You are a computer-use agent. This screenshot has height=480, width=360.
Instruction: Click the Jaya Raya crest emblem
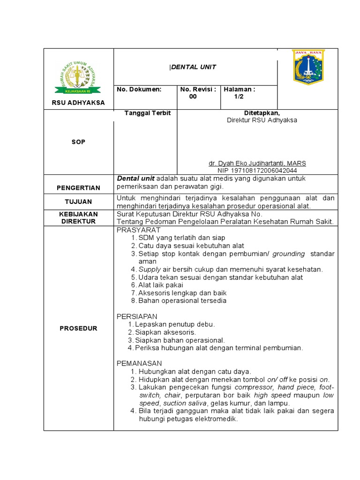click(308, 67)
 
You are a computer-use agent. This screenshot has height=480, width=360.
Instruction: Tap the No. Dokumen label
click(139, 89)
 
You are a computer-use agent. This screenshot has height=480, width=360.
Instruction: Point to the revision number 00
click(193, 97)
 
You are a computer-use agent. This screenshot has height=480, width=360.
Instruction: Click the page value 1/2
click(239, 97)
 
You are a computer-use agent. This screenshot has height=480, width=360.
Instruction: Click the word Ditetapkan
click(262, 113)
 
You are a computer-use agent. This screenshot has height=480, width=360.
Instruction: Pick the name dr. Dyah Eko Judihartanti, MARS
click(257, 163)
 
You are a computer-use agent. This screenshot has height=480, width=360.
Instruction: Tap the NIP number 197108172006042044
click(257, 171)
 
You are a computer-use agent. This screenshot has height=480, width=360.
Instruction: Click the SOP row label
click(78, 142)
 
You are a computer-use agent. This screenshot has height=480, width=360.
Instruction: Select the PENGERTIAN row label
click(78, 188)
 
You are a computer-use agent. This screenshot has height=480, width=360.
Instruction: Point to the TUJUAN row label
click(78, 202)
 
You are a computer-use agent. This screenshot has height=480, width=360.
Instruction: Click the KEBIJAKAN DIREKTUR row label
click(78, 217)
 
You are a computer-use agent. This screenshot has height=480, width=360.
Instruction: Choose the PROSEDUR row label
click(78, 328)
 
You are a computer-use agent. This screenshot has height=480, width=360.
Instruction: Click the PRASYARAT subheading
click(138, 230)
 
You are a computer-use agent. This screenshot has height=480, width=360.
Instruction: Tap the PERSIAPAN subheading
click(137, 316)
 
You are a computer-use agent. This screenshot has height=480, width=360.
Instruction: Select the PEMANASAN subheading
click(139, 363)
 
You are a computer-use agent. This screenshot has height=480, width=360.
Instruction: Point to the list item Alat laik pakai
click(160, 285)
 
